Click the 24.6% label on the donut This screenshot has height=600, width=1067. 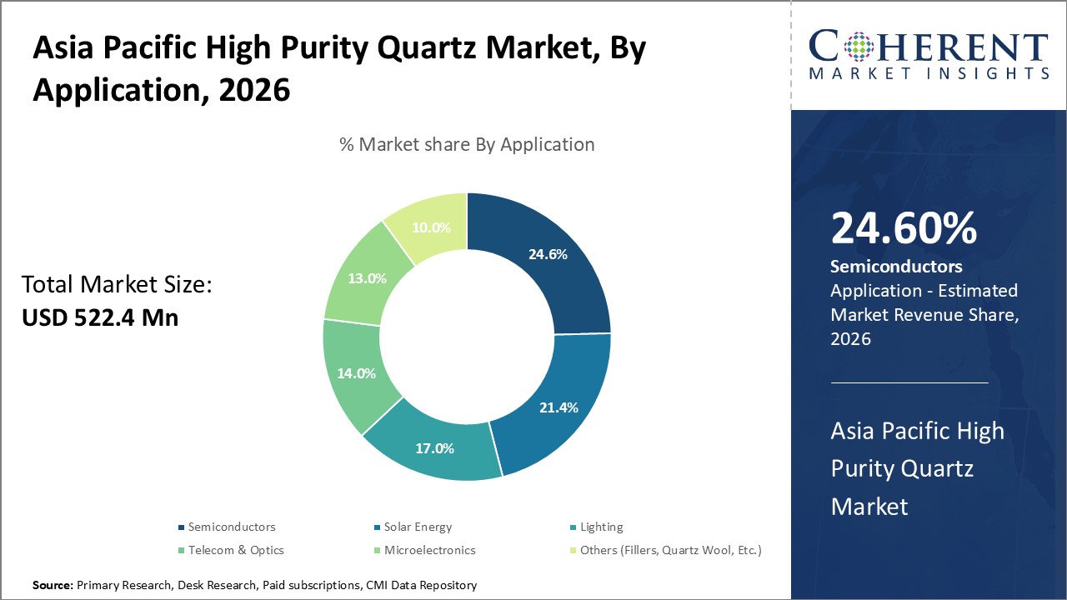548,254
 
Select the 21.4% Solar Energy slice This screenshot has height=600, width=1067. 558,407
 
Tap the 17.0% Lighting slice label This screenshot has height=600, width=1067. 434,448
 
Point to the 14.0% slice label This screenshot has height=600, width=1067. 356,373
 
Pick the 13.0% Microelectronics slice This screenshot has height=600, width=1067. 367,278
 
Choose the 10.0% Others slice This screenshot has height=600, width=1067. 431,227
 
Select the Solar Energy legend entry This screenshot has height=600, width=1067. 418,527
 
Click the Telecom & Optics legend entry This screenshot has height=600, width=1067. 236,550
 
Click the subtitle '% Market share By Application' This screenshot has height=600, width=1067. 467,144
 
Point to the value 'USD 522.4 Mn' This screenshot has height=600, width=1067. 100,317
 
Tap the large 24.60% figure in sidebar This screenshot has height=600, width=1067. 904,228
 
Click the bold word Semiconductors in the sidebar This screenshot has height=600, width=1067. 896,267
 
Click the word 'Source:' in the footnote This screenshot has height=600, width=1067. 53,586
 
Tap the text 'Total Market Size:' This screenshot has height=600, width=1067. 117,285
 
